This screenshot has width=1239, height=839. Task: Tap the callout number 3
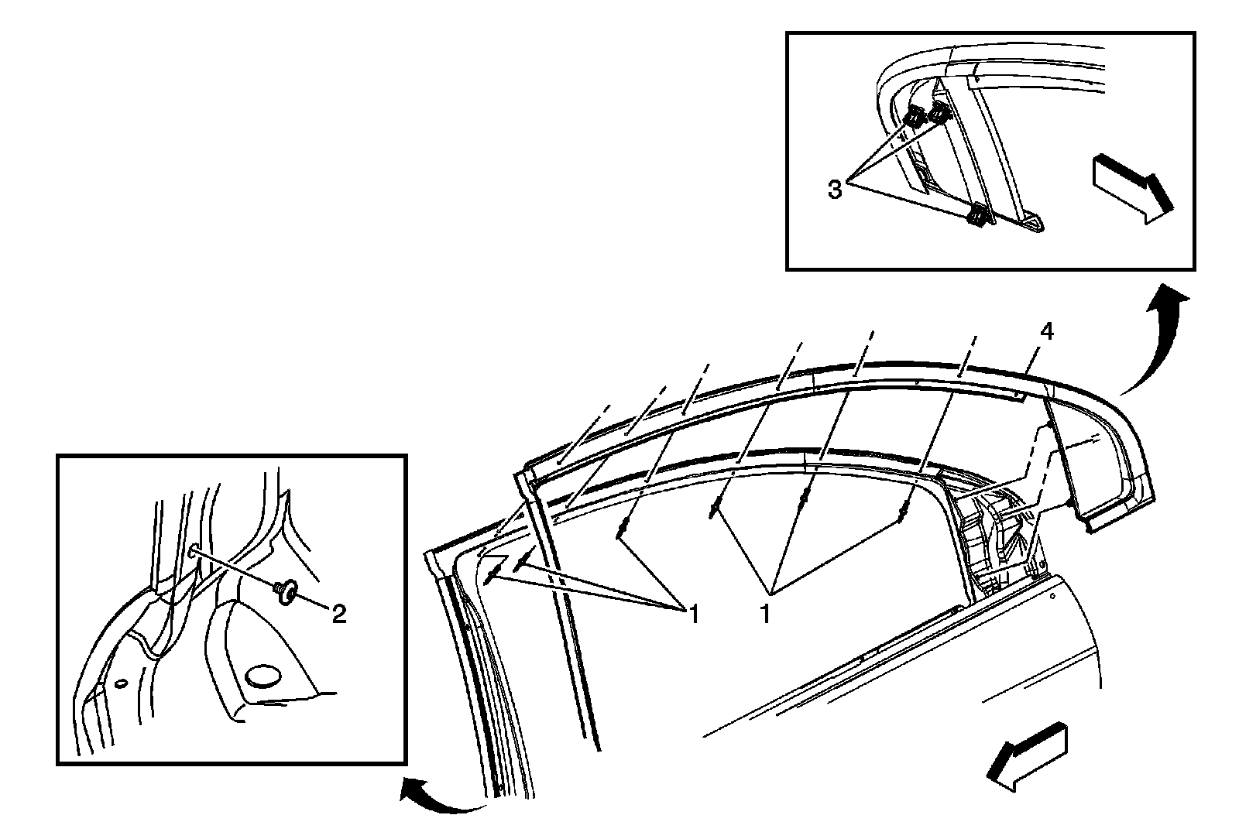pos(835,190)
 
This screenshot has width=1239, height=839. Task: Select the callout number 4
pos(1046,332)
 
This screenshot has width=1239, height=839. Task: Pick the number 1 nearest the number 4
pos(766,615)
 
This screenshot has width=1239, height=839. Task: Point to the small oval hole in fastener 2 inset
pos(120,683)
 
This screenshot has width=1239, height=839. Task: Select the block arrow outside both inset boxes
pos(1027,759)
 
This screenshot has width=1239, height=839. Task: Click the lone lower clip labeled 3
pos(978,216)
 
